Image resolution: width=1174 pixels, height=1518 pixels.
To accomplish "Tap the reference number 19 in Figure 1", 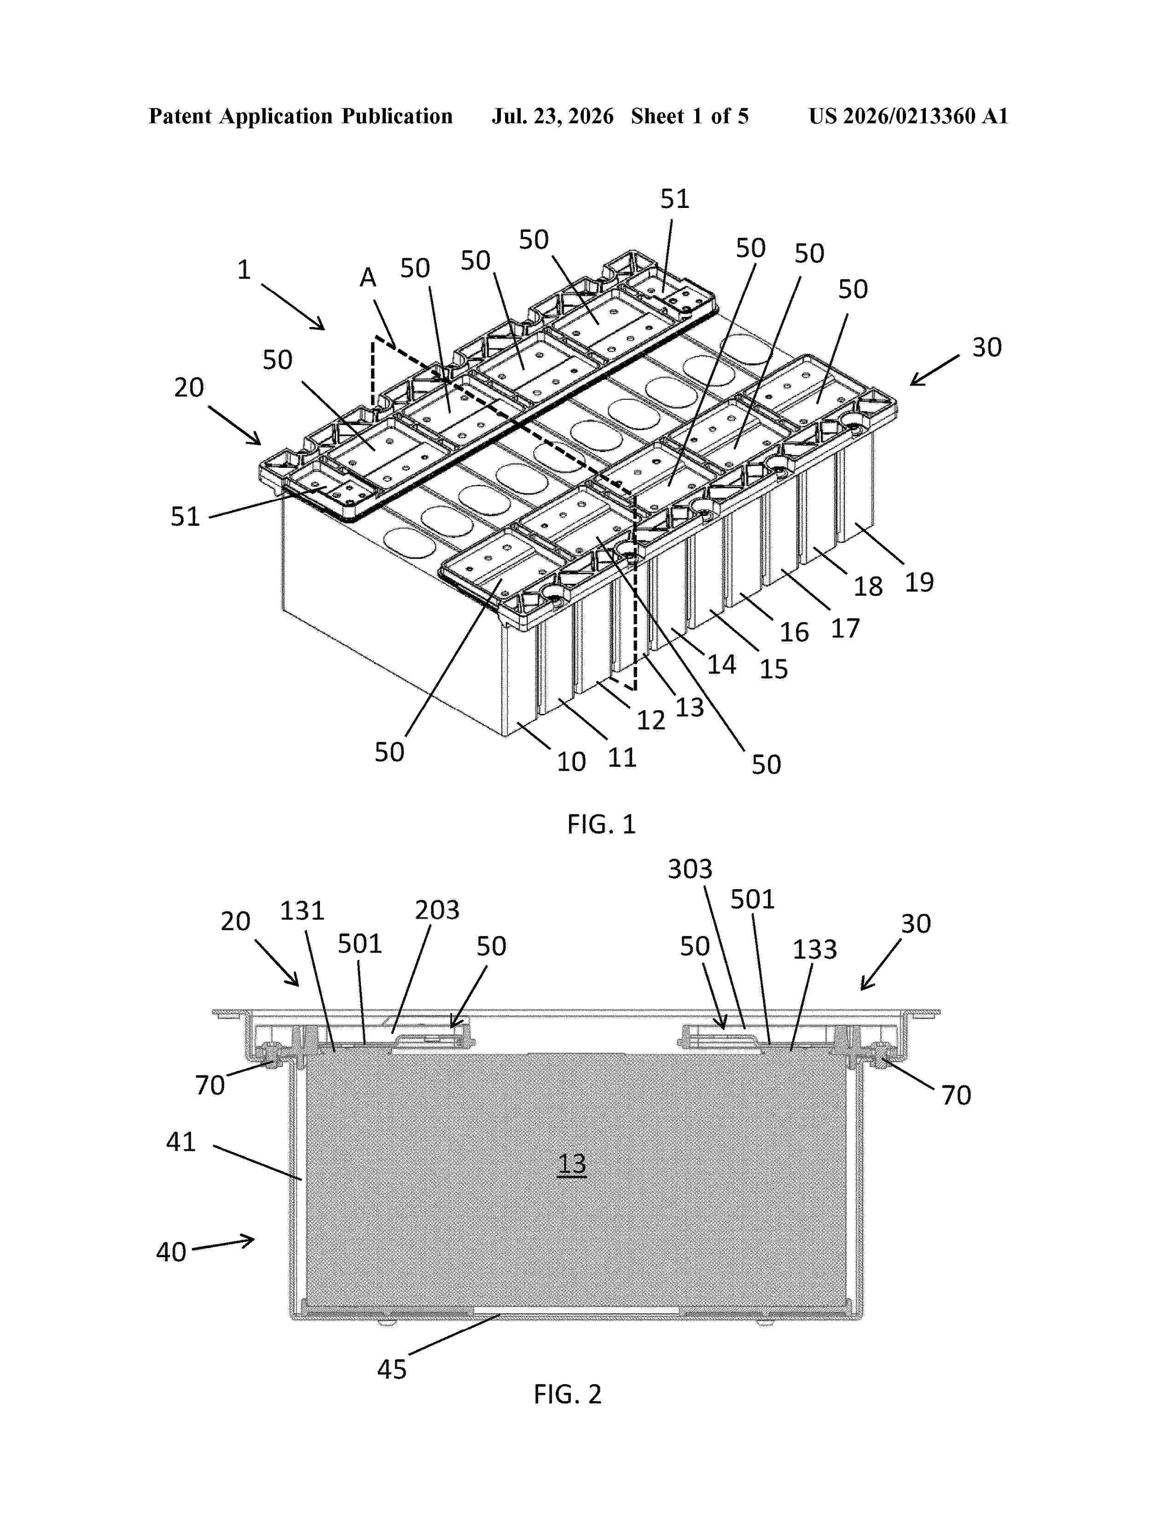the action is (919, 582).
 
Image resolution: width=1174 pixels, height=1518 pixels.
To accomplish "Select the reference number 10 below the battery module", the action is (571, 762).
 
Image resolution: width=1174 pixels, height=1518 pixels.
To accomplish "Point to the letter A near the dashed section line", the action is (368, 278).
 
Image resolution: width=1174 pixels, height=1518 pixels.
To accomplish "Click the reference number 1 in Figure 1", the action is (244, 270).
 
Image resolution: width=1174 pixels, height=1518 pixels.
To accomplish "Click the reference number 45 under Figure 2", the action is (392, 1369).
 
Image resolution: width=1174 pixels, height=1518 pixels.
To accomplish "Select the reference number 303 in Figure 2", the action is (690, 869).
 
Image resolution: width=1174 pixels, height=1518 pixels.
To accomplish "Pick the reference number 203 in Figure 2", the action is (437, 910).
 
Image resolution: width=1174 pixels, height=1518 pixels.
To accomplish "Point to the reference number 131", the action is (302, 910).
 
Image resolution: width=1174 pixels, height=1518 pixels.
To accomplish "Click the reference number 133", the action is (814, 949).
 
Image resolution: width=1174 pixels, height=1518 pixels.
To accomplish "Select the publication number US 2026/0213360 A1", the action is (908, 116).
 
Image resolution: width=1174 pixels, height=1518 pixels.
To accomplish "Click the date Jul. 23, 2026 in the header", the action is (553, 116).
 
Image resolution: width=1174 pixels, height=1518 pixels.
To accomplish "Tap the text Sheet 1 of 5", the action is (690, 116).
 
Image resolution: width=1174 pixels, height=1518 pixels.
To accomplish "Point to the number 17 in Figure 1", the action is (846, 628).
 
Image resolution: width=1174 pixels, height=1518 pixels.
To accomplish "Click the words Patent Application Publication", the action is (301, 116).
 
